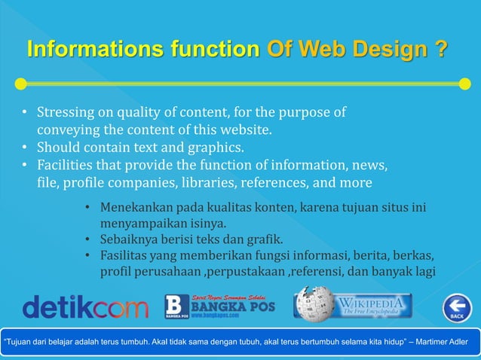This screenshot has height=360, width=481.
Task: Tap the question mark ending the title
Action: [440, 50]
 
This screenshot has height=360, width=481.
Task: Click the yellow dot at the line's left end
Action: [21, 83]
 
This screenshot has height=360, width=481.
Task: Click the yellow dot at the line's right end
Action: [465, 83]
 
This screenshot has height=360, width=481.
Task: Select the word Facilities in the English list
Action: [66, 165]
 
